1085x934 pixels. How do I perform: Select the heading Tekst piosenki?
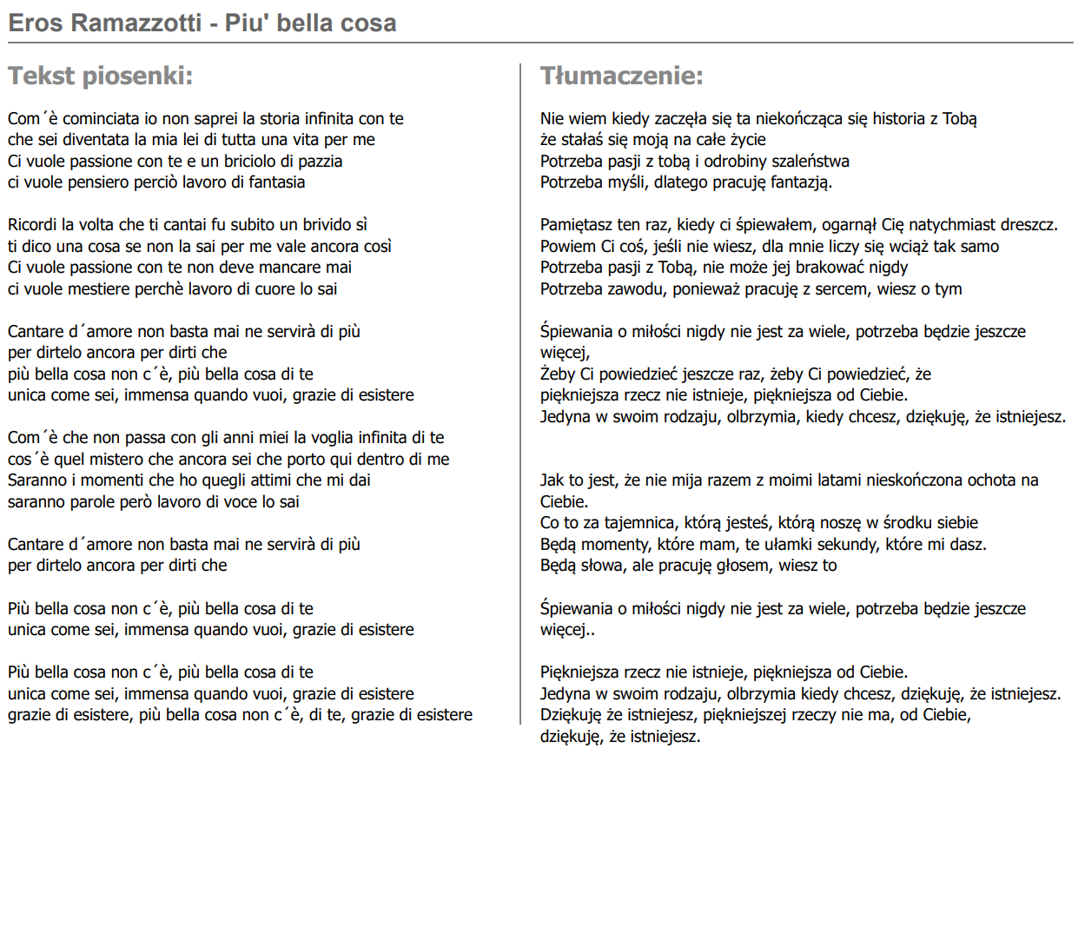[x=100, y=76]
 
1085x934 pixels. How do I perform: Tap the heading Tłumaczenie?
[x=621, y=76]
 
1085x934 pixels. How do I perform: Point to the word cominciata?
[x=103, y=118]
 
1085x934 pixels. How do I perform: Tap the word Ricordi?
[x=32, y=225]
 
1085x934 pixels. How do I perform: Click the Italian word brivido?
[x=322, y=225]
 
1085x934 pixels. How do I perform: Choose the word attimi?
[x=271, y=480]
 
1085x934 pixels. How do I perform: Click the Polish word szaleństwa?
[x=804, y=161]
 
